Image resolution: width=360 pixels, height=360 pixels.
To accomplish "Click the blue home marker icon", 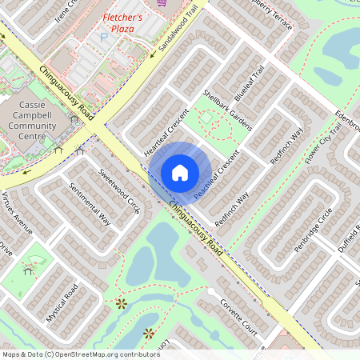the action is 180,172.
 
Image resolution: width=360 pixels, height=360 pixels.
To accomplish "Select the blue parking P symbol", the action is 102,38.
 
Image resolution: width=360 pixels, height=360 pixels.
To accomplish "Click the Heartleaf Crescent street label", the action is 166,130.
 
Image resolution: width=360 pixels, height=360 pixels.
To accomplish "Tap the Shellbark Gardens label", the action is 227,111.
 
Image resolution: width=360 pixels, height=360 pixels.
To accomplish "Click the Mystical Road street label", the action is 62,302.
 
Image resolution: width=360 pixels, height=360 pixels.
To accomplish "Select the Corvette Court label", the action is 239,317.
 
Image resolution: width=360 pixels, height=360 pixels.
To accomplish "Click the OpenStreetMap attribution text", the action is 81,354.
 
